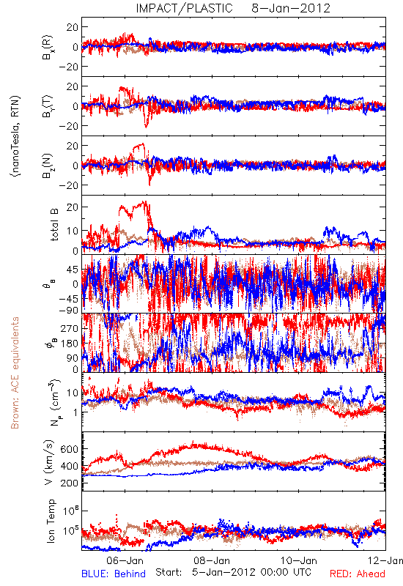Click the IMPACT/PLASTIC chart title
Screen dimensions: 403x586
(x=184, y=8)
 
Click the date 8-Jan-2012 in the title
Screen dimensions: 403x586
(x=291, y=8)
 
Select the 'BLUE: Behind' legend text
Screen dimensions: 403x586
(x=114, y=574)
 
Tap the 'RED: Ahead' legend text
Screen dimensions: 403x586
(x=357, y=574)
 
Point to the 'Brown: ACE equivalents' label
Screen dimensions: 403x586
(x=15, y=373)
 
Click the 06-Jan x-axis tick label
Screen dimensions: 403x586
(x=125, y=560)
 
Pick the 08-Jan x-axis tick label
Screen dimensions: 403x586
(x=212, y=560)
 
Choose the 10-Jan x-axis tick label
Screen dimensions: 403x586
(x=299, y=560)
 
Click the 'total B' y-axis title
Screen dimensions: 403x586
(x=54, y=225)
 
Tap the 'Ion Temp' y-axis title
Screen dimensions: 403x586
(x=51, y=521)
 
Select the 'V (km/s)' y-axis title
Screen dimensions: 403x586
(x=49, y=462)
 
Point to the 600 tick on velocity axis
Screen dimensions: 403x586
(x=69, y=449)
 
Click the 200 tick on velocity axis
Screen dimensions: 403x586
(x=69, y=483)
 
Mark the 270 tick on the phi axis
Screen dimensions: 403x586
(x=69, y=328)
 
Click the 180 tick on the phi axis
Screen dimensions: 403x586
(x=69, y=344)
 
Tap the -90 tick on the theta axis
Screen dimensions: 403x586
(x=69, y=310)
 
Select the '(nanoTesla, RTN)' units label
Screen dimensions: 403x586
(x=15, y=136)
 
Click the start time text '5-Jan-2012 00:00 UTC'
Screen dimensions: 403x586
(x=251, y=572)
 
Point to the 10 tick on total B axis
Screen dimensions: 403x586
(x=73, y=231)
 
